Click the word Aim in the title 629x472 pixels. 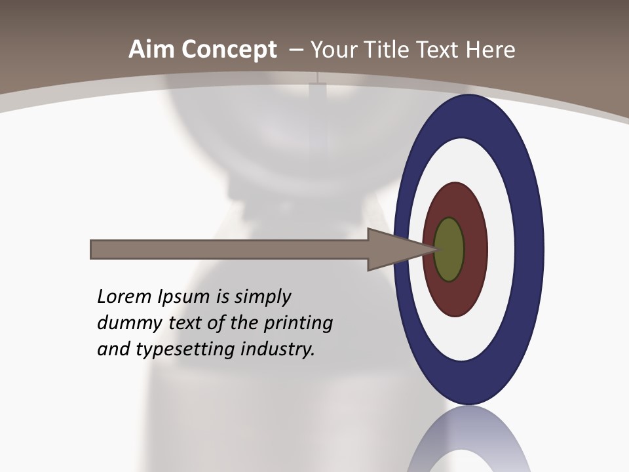click(152, 50)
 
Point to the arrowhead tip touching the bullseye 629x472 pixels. click(434, 249)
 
